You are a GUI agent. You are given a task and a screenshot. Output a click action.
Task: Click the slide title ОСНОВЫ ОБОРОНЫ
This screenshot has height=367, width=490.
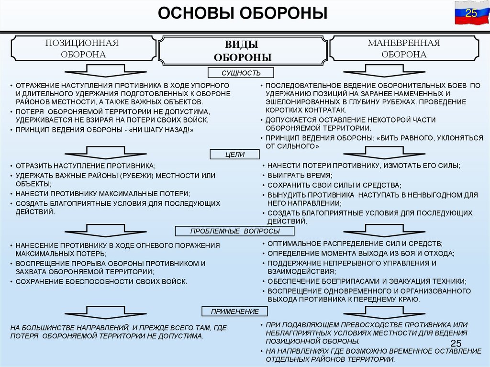click(243, 13)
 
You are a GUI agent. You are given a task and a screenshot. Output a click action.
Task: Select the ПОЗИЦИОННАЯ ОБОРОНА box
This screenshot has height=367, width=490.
click(82, 48)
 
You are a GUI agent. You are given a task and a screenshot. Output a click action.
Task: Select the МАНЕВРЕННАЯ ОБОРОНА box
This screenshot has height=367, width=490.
click(403, 48)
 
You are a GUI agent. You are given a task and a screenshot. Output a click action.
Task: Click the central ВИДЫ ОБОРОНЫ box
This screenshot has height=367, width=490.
click(243, 51)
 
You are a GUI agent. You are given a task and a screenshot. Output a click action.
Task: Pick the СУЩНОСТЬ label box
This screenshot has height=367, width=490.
click(241, 73)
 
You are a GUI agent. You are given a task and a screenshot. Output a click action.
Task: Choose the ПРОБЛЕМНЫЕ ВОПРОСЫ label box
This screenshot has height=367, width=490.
click(234, 232)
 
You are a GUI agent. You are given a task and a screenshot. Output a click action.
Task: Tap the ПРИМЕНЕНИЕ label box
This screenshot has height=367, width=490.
click(234, 311)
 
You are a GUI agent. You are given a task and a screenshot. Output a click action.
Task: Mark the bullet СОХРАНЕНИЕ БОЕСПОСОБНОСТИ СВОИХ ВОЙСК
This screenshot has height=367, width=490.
click(101, 281)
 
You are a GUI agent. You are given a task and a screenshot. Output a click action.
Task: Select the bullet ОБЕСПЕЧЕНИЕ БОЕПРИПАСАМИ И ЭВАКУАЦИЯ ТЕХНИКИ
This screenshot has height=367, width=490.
click(367, 281)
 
